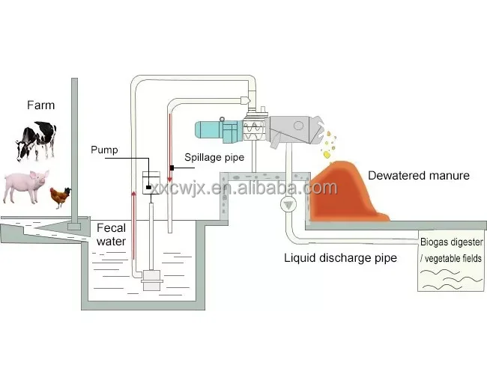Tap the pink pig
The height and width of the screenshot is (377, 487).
(25, 185)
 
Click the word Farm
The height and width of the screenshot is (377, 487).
(40, 105)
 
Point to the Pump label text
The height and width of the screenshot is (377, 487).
(104, 150)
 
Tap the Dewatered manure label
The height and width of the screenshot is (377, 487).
(418, 175)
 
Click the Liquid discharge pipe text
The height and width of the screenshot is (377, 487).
(340, 259)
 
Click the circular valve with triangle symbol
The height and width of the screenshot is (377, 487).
(287, 205)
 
